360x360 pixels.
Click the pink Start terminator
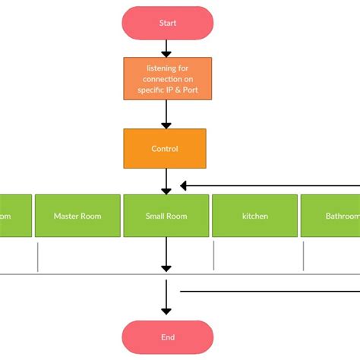click(x=167, y=23)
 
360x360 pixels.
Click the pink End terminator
click(x=167, y=337)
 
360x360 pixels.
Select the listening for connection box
click(x=167, y=78)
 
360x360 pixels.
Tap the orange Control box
click(x=165, y=149)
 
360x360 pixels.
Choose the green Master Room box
click(x=77, y=216)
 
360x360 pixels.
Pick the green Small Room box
click(x=166, y=216)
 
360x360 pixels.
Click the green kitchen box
click(x=254, y=216)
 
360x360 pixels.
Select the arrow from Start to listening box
click(x=167, y=47)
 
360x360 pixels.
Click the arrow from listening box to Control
click(x=166, y=114)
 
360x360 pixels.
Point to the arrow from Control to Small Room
click(x=166, y=181)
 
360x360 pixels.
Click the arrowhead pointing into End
click(x=166, y=309)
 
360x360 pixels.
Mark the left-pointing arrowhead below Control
click(x=184, y=185)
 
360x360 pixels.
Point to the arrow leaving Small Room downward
click(x=166, y=254)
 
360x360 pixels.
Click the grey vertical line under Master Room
click(x=37, y=256)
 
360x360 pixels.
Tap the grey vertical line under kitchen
click(x=214, y=256)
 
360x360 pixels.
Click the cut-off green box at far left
click(x=15, y=216)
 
